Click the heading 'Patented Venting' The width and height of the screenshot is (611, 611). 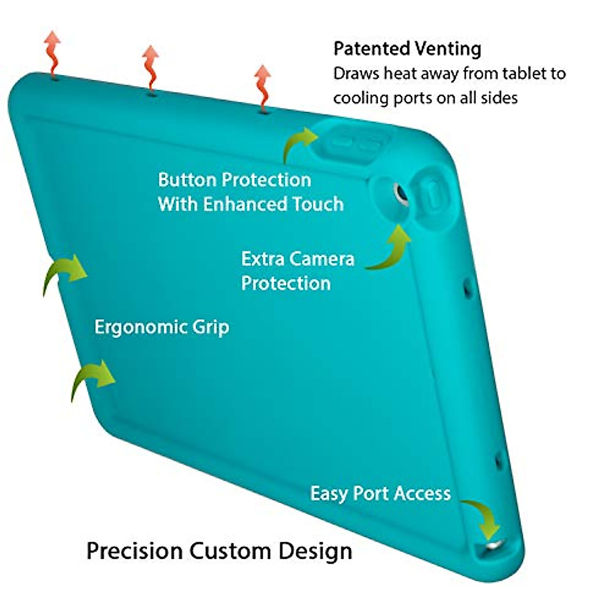pos(407,49)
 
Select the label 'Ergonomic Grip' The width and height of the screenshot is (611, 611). pos(162,327)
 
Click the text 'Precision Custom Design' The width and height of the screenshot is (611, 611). pos(219,551)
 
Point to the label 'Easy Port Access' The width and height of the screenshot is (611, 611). pos(380,493)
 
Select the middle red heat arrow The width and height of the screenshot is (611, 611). pos(151,69)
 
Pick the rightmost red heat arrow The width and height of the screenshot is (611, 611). pos(262,87)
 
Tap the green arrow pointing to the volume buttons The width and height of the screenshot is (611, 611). pos(300,143)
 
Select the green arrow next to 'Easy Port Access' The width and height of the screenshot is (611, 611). pos(483,517)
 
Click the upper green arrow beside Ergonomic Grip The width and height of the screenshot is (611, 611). pos(65,272)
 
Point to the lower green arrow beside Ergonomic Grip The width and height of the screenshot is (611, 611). pos(93,378)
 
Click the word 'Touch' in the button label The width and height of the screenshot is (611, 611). pos(318,204)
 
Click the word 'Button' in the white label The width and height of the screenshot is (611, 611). pos(188,180)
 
